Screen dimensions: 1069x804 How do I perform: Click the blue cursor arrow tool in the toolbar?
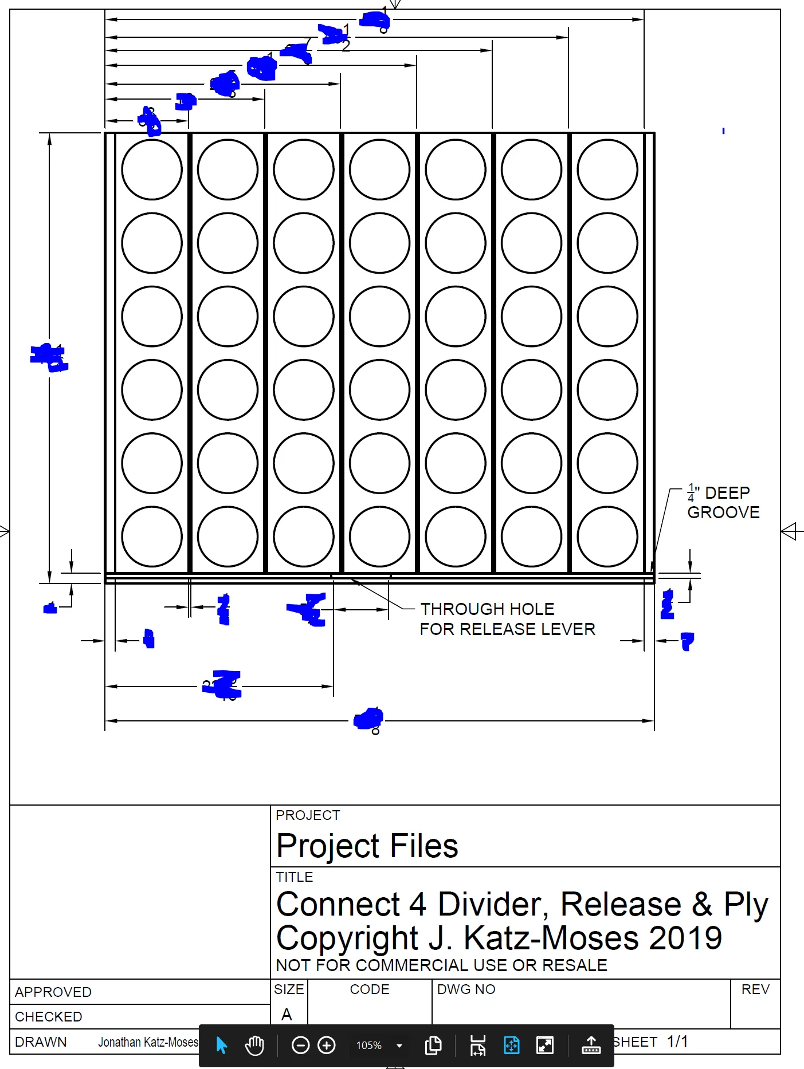tap(222, 1045)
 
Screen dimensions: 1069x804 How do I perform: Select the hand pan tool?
tap(254, 1045)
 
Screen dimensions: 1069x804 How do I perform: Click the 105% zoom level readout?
tap(369, 1046)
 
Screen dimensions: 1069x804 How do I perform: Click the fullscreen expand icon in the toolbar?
tap(544, 1045)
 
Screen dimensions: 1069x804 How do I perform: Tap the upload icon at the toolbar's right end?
tap(591, 1045)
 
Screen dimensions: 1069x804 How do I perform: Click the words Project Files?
tap(367, 846)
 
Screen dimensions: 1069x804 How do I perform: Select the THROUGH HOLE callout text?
tap(487, 609)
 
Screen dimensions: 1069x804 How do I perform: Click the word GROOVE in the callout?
tap(723, 512)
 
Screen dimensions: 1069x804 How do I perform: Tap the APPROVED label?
tap(53, 992)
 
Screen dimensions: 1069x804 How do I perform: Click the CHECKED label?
tap(49, 1016)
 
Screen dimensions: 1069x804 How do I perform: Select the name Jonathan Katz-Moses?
tap(148, 1042)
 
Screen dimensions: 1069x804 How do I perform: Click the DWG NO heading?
tap(466, 989)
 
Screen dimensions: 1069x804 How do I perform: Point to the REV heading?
tap(755, 989)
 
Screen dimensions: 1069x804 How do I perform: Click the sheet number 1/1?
tap(677, 1042)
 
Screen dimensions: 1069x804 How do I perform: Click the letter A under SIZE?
tap(287, 1015)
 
